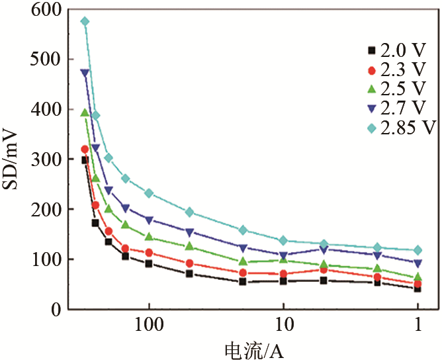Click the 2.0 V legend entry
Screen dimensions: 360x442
pyautogui.click(x=393, y=50)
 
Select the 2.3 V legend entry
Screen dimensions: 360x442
pyautogui.click(x=393, y=69)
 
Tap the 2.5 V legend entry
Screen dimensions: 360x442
pyautogui.click(x=393, y=89)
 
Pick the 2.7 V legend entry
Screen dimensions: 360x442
pyautogui.click(x=393, y=108)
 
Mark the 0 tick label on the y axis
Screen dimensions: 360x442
pyautogui.click(x=58, y=309)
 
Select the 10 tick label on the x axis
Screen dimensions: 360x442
pyautogui.click(x=283, y=326)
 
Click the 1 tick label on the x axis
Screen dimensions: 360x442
pyautogui.click(x=418, y=326)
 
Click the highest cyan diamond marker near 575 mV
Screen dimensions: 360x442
pyautogui.click(x=85, y=21)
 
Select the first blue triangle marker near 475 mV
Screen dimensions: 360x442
pyautogui.click(x=85, y=73)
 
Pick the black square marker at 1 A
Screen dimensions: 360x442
pyautogui.click(x=418, y=289)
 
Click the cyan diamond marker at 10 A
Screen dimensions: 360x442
pyautogui.click(x=283, y=240)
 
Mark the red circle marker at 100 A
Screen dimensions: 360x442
pyautogui.click(x=149, y=253)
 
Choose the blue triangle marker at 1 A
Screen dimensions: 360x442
pyautogui.click(x=418, y=263)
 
